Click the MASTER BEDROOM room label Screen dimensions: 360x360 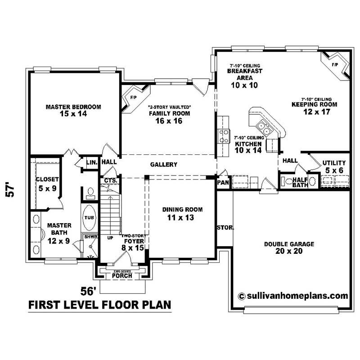click(73, 111)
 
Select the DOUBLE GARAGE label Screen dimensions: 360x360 click(289, 247)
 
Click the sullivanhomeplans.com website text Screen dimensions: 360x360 click(293, 296)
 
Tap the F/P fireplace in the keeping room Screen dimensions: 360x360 click(335, 66)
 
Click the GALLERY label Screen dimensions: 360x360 click(164, 165)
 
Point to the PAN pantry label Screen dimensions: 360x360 click(223, 183)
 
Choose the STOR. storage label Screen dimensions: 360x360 click(225, 228)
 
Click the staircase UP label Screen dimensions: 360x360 click(110, 237)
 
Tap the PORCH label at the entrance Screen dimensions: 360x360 click(122, 275)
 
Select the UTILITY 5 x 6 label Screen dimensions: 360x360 click(333, 166)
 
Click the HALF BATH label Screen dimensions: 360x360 click(300, 182)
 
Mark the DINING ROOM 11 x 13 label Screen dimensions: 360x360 click(182, 213)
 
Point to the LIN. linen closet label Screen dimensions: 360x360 click(92, 162)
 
